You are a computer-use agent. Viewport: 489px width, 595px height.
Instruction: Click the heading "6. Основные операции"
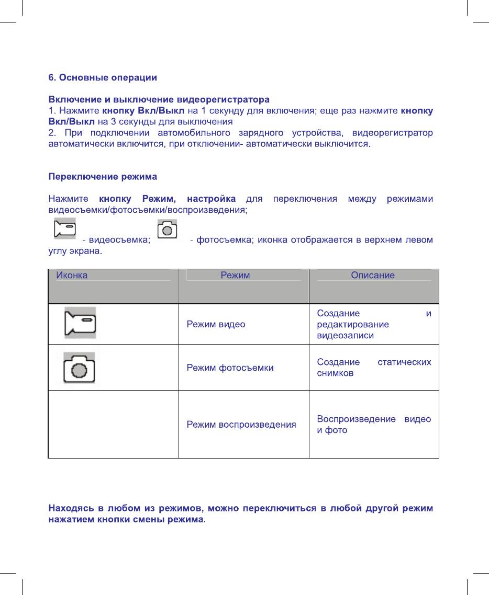(x=103, y=78)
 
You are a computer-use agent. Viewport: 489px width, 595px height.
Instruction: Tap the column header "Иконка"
(x=72, y=275)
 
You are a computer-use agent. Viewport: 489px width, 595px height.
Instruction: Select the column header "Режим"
(x=235, y=275)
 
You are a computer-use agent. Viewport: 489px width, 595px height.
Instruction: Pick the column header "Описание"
(x=373, y=275)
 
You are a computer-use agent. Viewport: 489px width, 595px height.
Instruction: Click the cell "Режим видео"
(x=216, y=324)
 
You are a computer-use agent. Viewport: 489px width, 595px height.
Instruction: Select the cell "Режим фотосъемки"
(x=230, y=368)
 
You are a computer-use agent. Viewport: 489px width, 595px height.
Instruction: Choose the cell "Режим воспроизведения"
(x=241, y=425)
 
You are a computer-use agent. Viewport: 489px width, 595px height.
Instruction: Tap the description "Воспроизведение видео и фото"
(x=374, y=425)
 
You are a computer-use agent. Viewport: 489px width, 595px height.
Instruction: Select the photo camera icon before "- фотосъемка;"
(x=168, y=231)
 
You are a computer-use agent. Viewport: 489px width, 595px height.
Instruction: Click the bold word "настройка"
(x=211, y=199)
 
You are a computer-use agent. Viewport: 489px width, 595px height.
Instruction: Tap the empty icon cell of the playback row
(x=113, y=425)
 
